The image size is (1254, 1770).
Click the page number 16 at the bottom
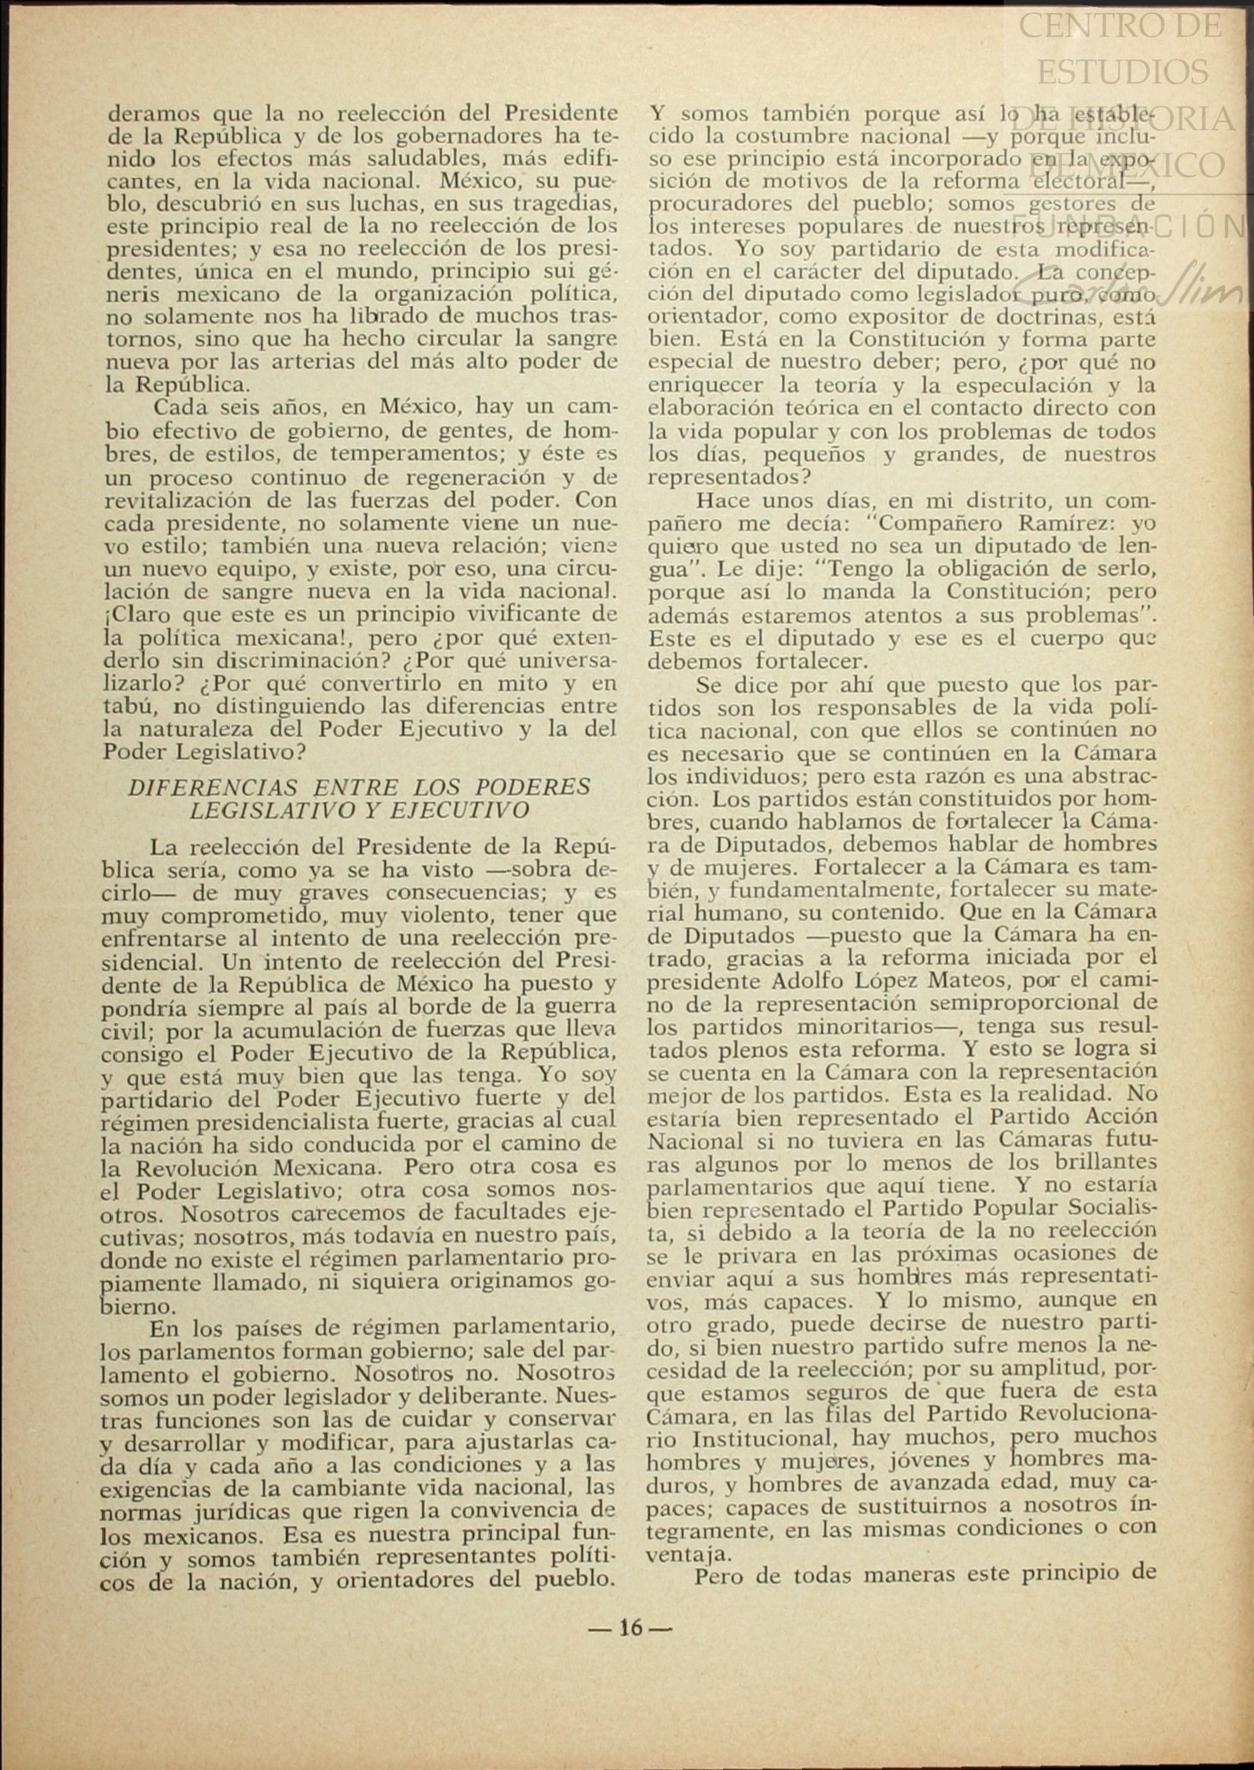click(x=631, y=1627)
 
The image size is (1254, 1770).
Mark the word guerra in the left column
click(x=578, y=1006)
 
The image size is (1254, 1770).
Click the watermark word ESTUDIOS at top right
click(x=1121, y=71)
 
